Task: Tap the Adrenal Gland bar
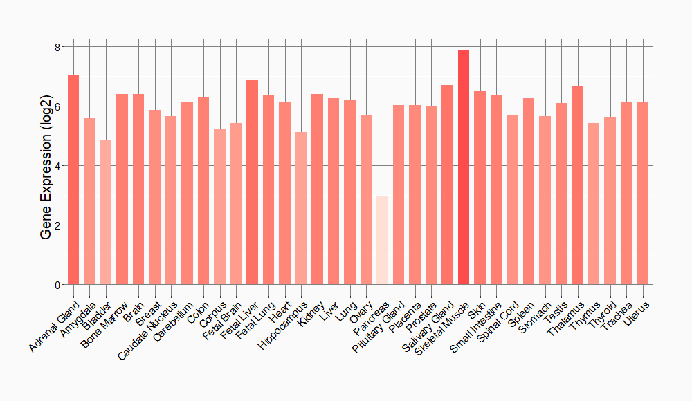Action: pyautogui.click(x=73, y=180)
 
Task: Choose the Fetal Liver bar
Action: pyautogui.click(x=252, y=183)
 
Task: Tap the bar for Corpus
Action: pyautogui.click(x=219, y=207)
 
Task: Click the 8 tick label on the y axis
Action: pyautogui.click(x=58, y=47)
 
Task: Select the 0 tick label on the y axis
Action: pyautogui.click(x=58, y=285)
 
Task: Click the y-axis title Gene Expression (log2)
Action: pyautogui.click(x=46, y=166)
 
